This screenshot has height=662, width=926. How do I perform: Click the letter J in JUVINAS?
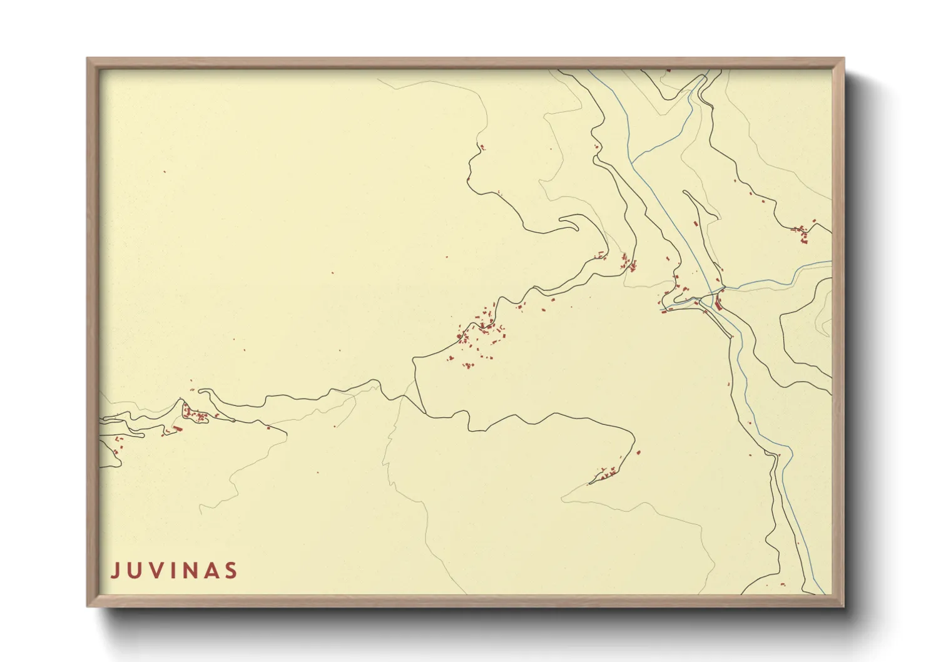[115, 571]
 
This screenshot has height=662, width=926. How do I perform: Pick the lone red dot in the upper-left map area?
[165, 172]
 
